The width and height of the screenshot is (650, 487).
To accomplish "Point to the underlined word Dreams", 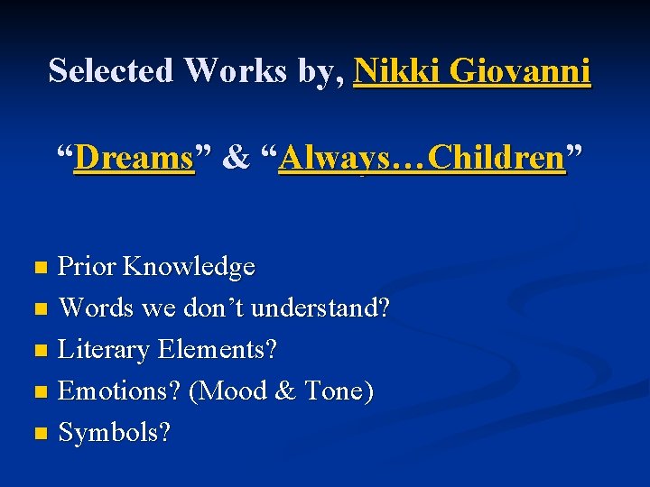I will [135, 159].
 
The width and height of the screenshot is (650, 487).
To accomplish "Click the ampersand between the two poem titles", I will [236, 159].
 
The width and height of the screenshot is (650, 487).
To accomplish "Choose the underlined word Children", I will [497, 159].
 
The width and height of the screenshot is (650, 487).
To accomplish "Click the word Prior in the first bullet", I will [88, 267].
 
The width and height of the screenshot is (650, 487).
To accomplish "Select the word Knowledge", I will [189, 267].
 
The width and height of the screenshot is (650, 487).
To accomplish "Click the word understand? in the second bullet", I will [320, 308].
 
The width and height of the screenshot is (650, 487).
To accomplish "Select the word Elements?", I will [217, 350].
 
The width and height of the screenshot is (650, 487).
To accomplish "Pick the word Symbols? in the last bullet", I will [115, 433].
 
